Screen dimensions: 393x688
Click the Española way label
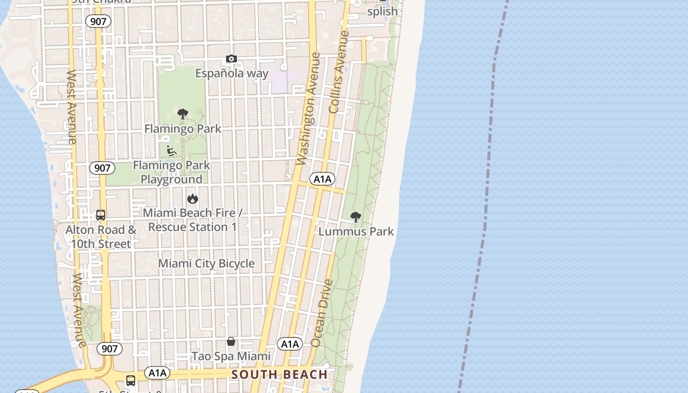click(x=232, y=74)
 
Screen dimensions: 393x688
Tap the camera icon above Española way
click(x=231, y=59)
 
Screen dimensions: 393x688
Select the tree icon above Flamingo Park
click(x=183, y=114)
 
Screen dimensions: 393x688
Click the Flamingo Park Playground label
click(x=172, y=172)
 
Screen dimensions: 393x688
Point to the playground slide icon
click(x=172, y=150)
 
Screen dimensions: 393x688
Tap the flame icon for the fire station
click(x=192, y=198)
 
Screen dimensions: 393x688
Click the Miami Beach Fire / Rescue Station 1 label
click(x=192, y=220)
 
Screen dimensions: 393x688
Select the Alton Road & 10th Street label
click(x=101, y=237)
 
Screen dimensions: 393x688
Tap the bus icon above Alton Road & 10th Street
click(x=101, y=215)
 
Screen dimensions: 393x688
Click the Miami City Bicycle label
click(x=206, y=264)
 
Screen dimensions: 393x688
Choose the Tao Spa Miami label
click(x=231, y=356)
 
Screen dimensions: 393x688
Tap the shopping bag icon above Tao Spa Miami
click(x=231, y=341)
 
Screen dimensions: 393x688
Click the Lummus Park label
click(x=356, y=231)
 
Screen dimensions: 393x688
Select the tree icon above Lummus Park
click(x=355, y=217)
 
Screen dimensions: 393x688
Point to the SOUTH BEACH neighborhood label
click(x=280, y=375)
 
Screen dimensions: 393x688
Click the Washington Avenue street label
click(x=309, y=109)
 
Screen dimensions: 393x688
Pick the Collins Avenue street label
click(x=339, y=72)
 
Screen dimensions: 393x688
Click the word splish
click(x=382, y=11)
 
